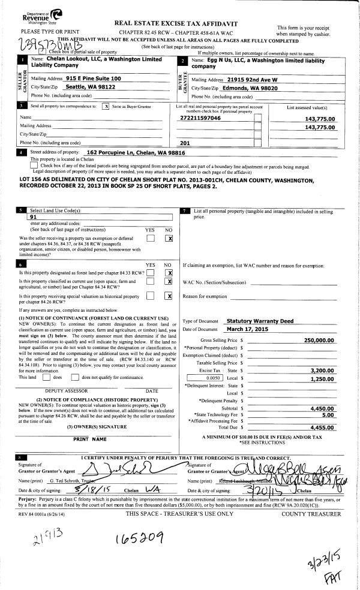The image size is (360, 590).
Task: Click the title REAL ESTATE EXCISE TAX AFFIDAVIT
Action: point(172,23)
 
